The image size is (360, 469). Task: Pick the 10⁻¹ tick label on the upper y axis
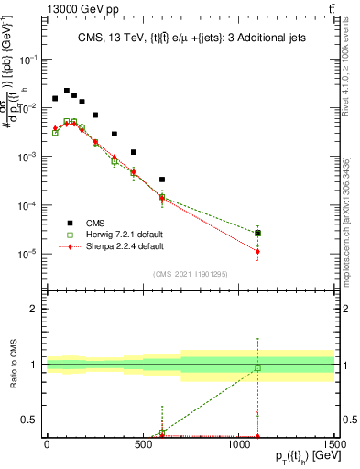tap(29, 59)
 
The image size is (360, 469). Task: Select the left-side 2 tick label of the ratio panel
tap(34, 309)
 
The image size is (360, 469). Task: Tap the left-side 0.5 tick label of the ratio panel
tap(30, 420)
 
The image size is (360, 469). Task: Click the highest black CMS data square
tap(66, 91)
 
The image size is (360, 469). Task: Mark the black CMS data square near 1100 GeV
tap(257, 234)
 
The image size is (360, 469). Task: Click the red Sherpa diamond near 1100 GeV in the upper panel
tap(257, 252)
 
